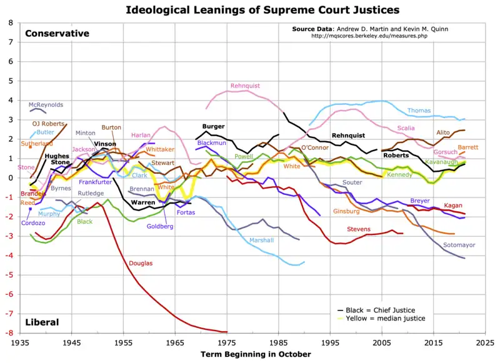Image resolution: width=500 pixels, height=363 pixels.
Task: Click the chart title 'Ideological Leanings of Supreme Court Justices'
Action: (262, 10)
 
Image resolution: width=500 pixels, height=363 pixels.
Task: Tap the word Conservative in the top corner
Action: (57, 34)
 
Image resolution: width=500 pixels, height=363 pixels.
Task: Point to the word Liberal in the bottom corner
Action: (42, 322)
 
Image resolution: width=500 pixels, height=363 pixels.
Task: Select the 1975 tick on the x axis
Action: (227, 343)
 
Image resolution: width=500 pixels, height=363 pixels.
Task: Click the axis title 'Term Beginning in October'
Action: (256, 354)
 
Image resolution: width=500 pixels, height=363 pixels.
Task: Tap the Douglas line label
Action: (141, 264)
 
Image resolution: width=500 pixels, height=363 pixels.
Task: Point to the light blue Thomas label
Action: (419, 111)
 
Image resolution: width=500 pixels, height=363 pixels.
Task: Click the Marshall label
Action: (261, 240)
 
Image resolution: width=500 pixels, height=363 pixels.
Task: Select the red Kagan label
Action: (453, 206)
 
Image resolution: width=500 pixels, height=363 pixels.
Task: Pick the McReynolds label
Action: (46, 105)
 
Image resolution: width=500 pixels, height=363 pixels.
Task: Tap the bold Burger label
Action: (213, 127)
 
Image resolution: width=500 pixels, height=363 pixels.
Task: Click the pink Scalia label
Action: (406, 129)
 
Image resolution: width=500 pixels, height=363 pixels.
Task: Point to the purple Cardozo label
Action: (32, 223)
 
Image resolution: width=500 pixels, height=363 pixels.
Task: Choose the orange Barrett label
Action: (467, 148)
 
